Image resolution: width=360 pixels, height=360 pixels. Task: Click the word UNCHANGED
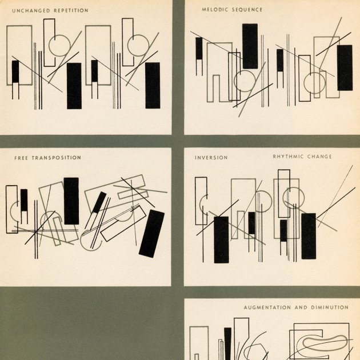coord(31,10)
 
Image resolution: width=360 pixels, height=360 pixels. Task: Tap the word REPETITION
coord(71,10)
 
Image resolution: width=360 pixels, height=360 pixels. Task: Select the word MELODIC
coord(215,10)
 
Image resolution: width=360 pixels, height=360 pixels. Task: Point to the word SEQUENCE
coord(247,10)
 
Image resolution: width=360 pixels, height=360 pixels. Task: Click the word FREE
coord(21,158)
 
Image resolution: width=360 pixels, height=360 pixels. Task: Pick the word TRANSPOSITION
coord(56,158)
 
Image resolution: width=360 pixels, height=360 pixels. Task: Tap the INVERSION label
coord(211,158)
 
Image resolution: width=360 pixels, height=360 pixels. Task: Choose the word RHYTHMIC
coord(288,157)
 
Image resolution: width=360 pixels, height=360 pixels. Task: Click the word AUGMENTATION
coord(267,307)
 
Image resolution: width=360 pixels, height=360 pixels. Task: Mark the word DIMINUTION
coord(330,307)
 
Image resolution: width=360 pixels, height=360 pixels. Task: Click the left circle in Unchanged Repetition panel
coord(59,46)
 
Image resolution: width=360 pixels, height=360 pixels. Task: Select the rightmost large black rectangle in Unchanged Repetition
coord(153,85)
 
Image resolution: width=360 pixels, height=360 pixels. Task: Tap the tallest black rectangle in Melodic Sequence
coord(250,46)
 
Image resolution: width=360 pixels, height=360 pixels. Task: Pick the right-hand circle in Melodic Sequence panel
coord(314,83)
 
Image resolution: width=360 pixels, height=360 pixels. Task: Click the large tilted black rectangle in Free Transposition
coord(151,234)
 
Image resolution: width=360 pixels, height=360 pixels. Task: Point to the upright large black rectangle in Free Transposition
coord(71,201)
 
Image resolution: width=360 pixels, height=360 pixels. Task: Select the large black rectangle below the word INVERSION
coord(221,239)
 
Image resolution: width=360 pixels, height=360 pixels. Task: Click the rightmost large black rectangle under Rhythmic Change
coord(309,236)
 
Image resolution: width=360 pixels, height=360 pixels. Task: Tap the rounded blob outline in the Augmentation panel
coord(325,342)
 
